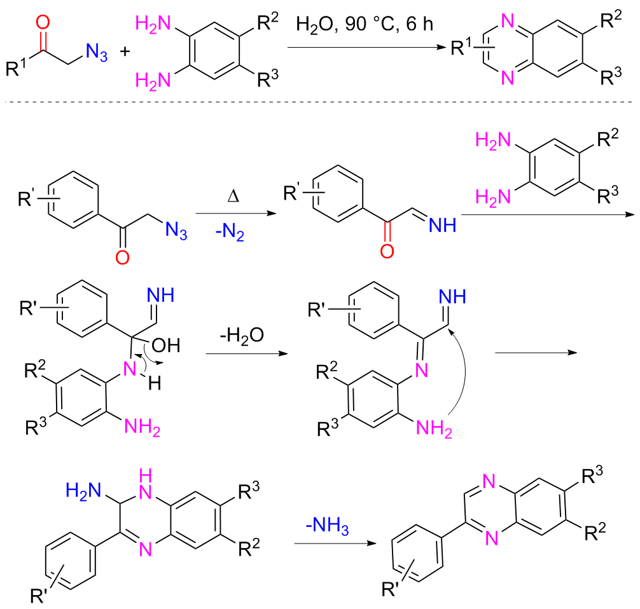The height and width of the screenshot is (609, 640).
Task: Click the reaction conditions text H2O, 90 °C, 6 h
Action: pyautogui.click(x=365, y=26)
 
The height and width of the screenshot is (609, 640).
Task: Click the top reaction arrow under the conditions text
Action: pyautogui.click(x=362, y=48)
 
